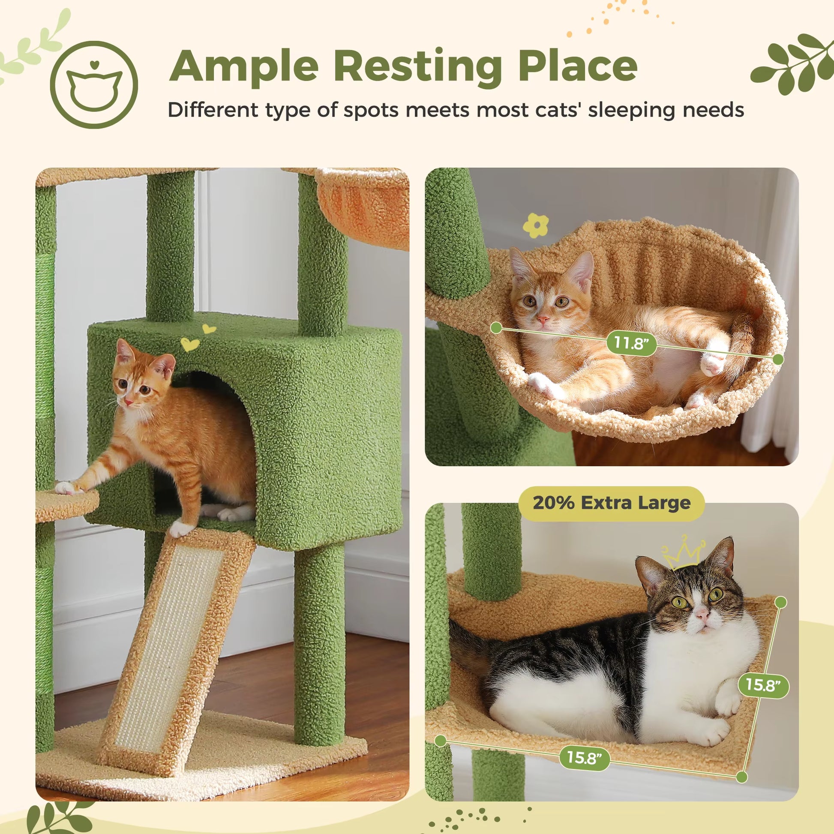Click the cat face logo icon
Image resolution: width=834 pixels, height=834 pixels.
click(x=94, y=84)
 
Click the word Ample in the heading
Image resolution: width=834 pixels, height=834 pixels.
click(x=244, y=66)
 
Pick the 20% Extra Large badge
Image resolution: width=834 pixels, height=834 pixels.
click(x=611, y=503)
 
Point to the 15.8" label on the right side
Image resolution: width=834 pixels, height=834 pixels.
click(x=763, y=684)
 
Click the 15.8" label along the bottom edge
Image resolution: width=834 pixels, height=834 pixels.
click(x=585, y=757)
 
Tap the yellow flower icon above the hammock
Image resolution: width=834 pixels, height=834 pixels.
click(x=536, y=225)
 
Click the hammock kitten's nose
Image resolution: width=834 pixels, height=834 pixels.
click(x=543, y=320)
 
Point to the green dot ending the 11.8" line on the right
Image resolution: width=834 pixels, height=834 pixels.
click(x=778, y=359)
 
